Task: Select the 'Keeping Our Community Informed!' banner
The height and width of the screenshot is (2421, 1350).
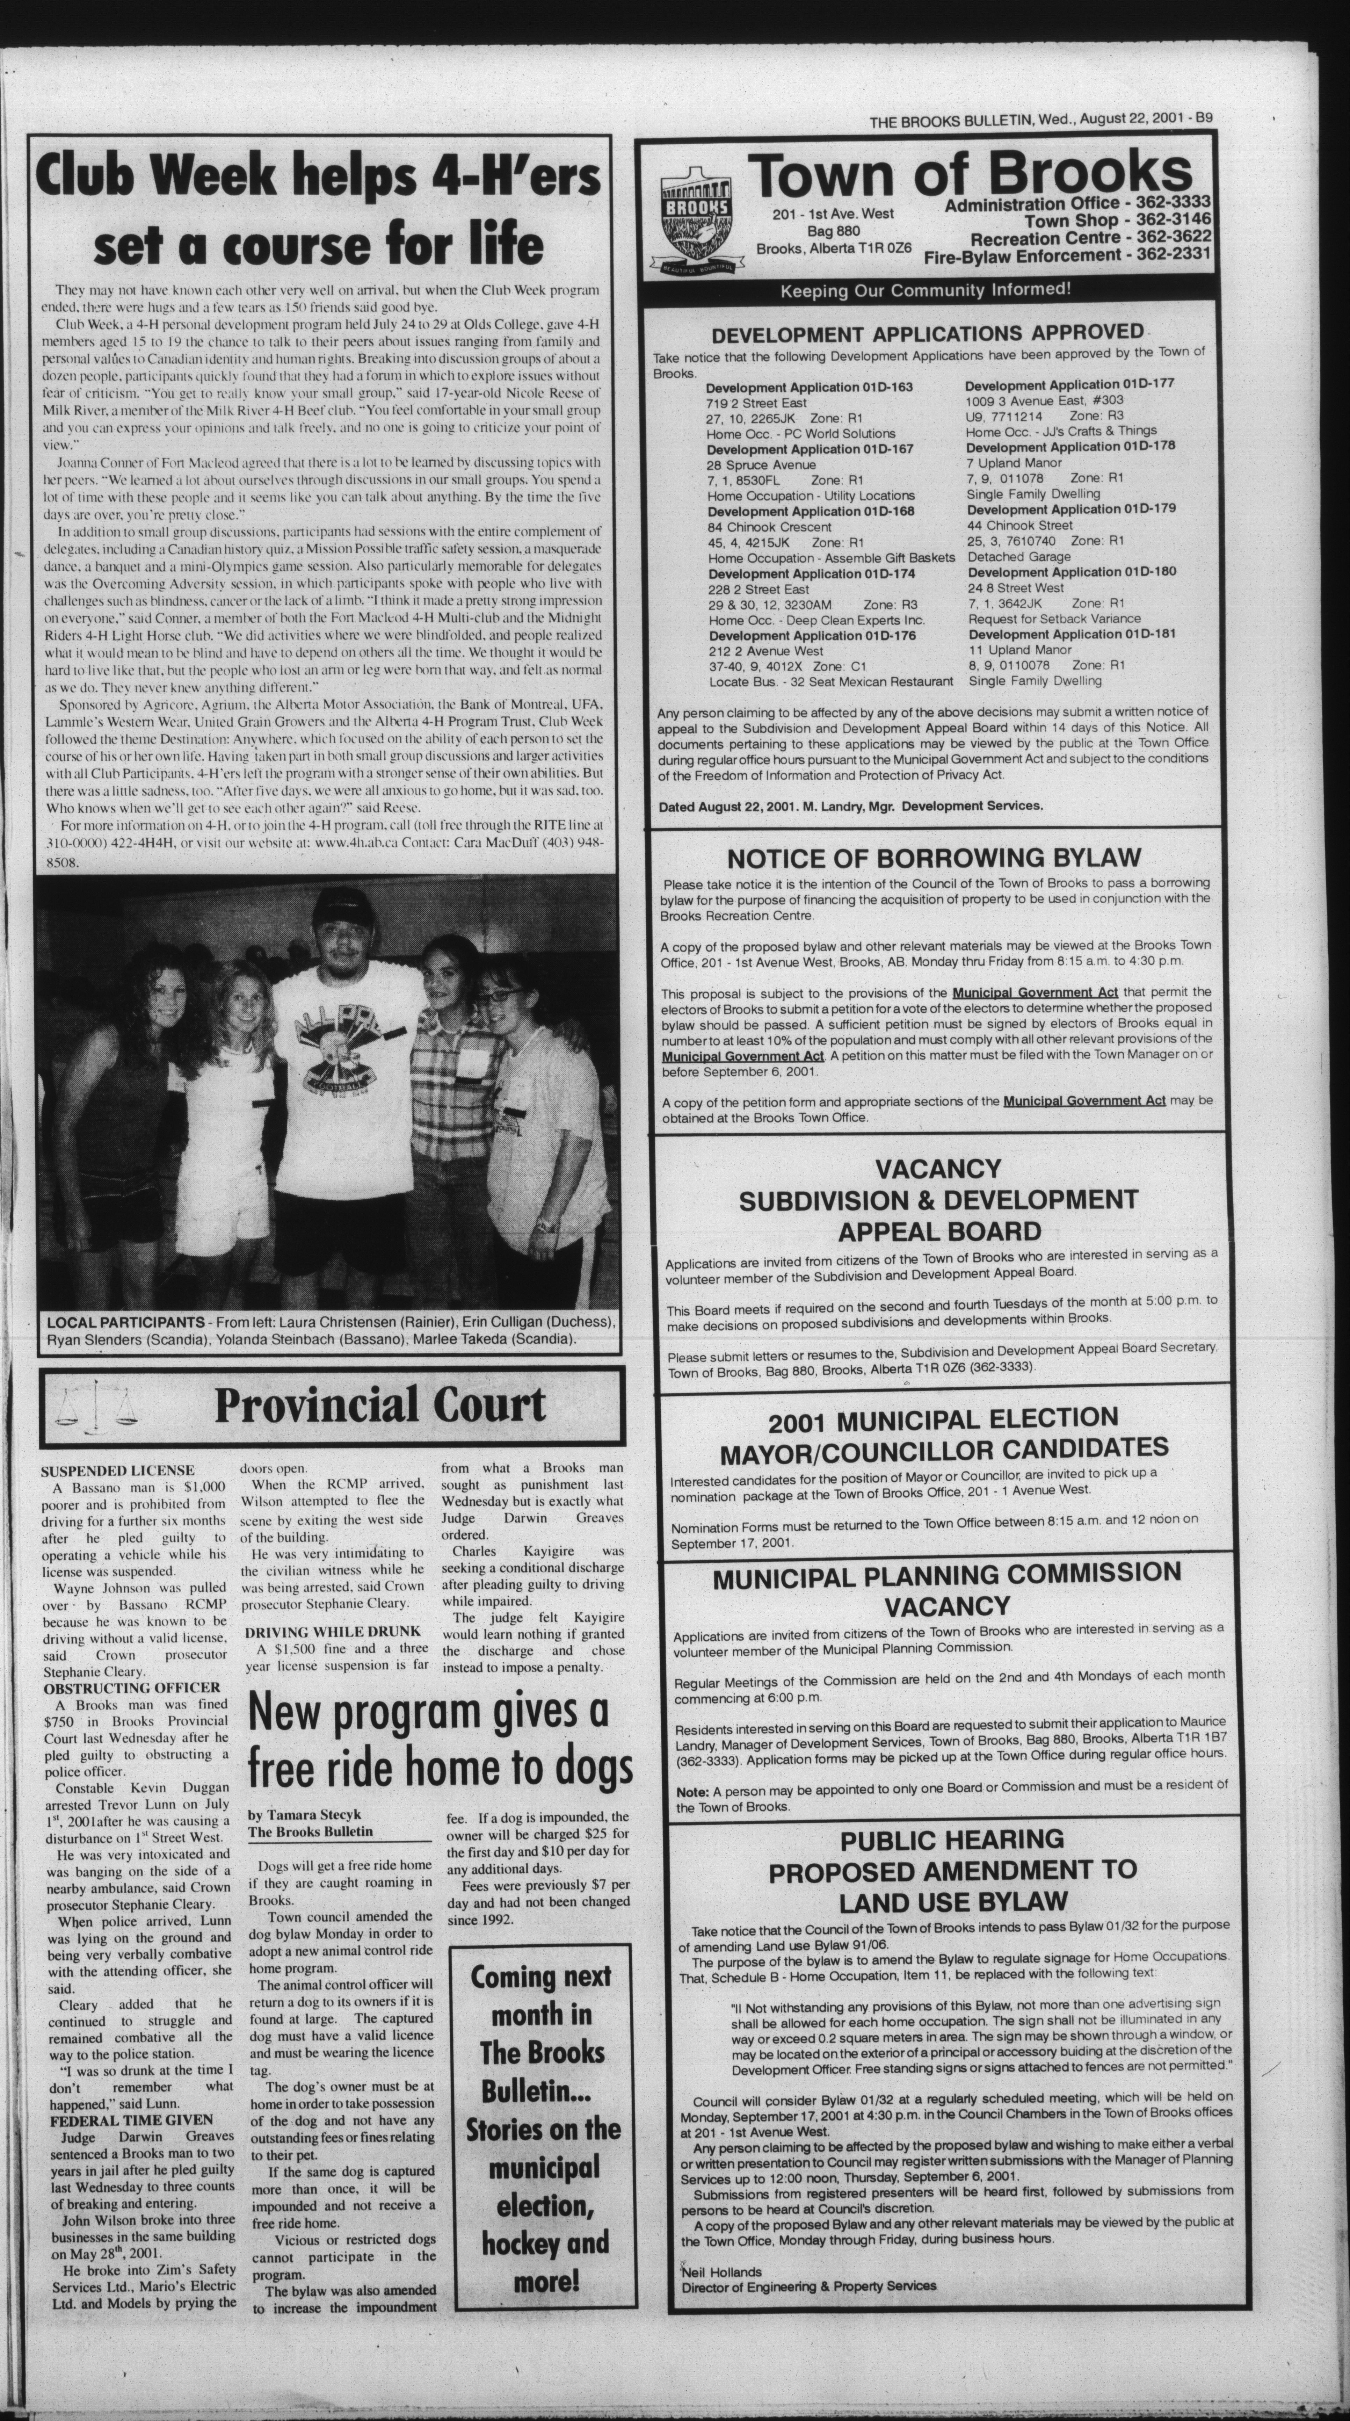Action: click(926, 289)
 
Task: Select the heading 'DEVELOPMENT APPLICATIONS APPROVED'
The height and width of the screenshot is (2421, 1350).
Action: click(927, 334)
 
